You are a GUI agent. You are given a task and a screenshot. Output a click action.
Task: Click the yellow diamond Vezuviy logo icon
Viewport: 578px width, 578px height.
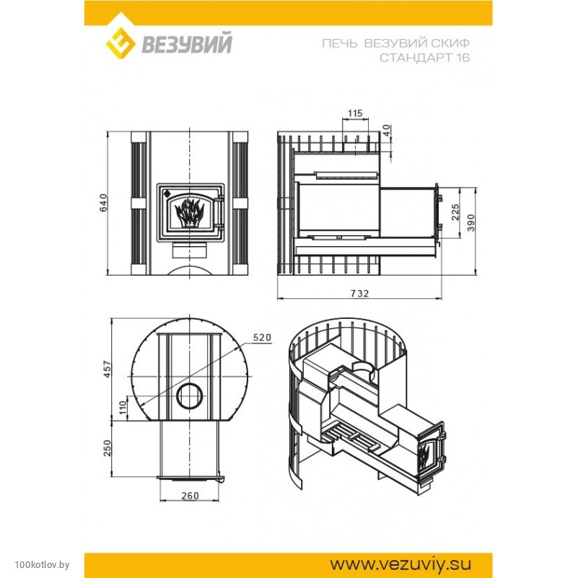click(121, 43)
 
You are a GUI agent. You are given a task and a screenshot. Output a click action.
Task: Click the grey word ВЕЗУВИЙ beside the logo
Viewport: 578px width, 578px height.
click(187, 43)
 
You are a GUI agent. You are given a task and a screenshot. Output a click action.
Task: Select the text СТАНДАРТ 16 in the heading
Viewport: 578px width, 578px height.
click(424, 58)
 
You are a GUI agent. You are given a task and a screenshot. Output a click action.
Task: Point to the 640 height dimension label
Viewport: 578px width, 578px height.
click(104, 202)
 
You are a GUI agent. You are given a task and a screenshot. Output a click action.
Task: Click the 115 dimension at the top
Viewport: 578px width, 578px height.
click(354, 113)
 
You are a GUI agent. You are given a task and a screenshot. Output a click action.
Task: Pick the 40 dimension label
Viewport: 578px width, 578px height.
click(386, 130)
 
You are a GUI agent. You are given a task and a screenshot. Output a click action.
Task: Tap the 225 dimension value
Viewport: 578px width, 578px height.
click(455, 212)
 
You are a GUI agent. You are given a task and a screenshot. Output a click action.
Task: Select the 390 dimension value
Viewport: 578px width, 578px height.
click(471, 223)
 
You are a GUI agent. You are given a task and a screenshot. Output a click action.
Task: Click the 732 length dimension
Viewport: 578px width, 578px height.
click(359, 294)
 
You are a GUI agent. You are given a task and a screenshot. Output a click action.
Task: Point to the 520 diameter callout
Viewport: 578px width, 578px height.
click(262, 337)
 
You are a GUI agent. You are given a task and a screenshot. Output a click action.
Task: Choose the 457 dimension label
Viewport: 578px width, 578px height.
click(107, 369)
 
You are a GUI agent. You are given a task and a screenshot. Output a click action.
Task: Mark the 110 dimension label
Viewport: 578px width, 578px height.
click(123, 407)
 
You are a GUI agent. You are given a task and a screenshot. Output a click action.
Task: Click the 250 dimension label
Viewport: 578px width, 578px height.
click(107, 448)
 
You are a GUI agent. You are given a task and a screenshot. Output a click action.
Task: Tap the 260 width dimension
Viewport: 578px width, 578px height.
click(191, 496)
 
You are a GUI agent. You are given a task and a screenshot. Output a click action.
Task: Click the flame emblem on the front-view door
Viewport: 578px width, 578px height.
click(190, 214)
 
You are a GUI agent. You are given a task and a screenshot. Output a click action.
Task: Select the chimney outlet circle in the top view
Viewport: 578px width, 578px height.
click(190, 396)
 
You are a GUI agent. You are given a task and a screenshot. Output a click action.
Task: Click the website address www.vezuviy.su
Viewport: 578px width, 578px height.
click(400, 564)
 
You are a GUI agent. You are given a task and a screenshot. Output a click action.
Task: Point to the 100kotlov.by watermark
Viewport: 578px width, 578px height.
click(42, 565)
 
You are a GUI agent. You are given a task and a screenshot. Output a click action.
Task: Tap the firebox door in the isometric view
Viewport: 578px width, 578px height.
click(431, 452)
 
